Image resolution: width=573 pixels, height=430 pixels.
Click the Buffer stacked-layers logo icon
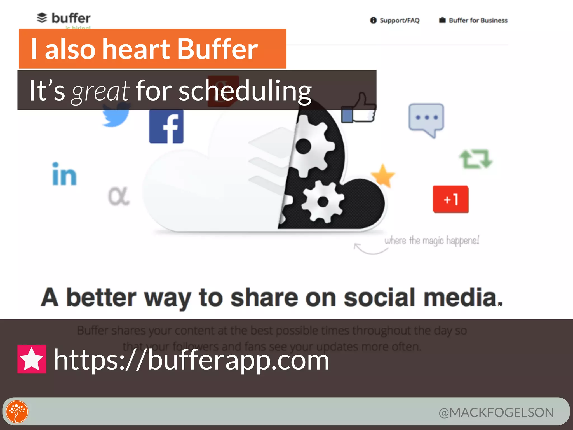(42, 18)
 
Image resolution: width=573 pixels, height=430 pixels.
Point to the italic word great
(100, 91)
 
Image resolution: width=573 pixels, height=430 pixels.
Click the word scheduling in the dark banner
(245, 90)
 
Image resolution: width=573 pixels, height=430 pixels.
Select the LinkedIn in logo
(64, 174)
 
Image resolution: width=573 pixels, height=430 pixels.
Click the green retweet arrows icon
(476, 159)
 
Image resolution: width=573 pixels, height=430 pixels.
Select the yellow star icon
(383, 176)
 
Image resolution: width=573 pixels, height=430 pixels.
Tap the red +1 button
(450, 199)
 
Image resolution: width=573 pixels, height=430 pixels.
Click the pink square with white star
(32, 359)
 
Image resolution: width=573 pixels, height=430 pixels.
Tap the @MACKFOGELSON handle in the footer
(496, 412)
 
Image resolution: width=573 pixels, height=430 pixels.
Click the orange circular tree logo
(17, 412)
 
